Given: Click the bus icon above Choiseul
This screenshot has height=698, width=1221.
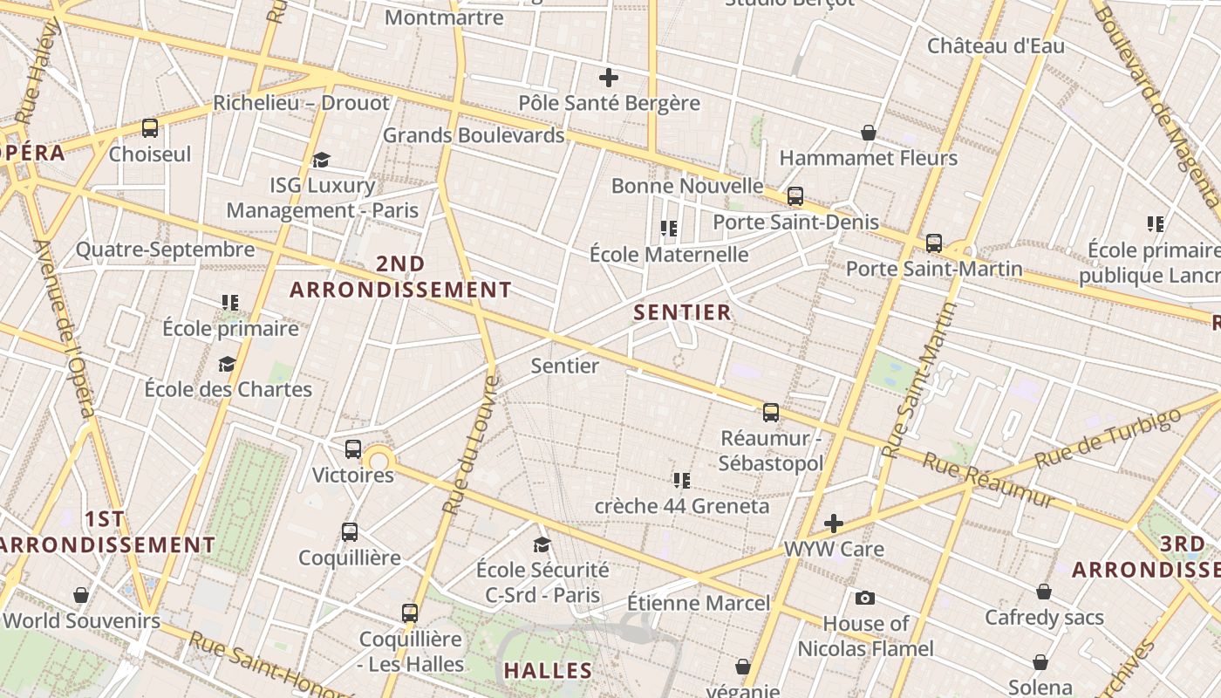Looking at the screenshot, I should (150, 128).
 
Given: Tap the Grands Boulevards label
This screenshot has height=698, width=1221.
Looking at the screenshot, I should (474, 135).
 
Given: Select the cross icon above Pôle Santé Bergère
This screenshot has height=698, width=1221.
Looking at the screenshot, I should (609, 78).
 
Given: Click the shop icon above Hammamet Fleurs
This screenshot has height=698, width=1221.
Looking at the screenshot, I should (869, 133).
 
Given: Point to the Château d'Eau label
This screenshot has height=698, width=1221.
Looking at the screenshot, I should (995, 45).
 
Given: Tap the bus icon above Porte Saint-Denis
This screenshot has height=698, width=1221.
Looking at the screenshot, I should (795, 196).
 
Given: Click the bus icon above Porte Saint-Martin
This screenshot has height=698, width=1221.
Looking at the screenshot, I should (934, 243).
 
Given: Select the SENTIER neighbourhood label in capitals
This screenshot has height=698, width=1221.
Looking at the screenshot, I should (682, 312).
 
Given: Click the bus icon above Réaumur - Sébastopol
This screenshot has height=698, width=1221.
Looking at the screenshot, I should (771, 412).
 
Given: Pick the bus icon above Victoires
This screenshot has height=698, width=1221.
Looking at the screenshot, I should (353, 449).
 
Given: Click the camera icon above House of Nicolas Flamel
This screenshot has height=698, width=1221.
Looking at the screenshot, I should (865, 598).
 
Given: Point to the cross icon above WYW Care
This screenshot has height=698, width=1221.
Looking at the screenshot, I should (834, 523).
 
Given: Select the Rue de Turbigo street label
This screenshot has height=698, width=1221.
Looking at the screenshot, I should (1108, 435).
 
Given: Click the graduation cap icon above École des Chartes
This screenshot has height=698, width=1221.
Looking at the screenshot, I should (228, 364).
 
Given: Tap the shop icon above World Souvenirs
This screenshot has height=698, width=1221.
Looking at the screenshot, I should (81, 595).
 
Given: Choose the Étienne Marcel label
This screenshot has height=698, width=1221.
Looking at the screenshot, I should (699, 603).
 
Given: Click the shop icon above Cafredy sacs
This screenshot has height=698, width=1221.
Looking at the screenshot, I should (1044, 592).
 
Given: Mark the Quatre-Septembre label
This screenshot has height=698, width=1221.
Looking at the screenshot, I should (165, 250).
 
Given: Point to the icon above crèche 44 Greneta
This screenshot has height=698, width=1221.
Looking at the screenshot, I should (682, 480).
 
